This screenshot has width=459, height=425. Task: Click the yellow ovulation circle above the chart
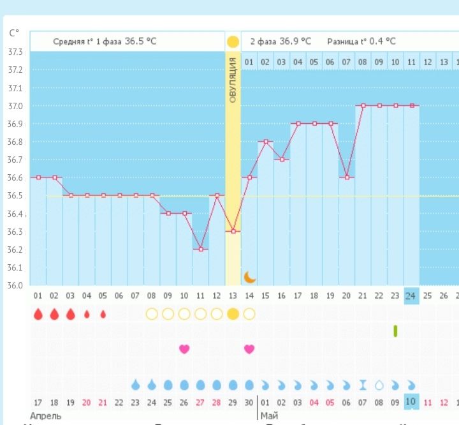click(233, 42)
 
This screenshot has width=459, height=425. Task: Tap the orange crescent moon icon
click(250, 277)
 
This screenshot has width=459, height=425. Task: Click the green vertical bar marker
click(395, 331)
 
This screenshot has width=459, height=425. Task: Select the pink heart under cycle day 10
click(184, 349)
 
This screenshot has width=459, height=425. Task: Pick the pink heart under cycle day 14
click(249, 349)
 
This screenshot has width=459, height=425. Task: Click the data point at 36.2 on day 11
click(201, 249)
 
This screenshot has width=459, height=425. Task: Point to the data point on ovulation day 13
click(233, 231)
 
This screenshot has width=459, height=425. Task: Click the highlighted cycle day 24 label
click(411, 295)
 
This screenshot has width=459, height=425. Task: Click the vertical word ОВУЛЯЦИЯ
click(233, 80)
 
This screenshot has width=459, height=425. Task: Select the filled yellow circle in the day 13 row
click(233, 314)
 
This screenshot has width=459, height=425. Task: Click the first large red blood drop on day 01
click(38, 314)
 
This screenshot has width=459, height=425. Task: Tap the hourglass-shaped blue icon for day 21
click(363, 385)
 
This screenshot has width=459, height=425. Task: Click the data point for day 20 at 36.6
click(347, 177)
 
